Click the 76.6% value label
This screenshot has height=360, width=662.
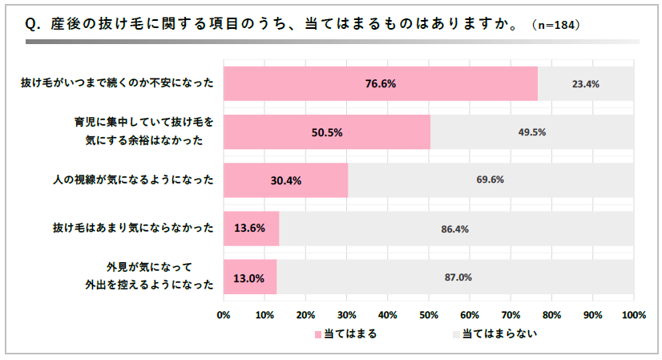(381, 83)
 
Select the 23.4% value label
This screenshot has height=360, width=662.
(586, 83)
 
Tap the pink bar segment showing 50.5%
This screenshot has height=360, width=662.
(327, 132)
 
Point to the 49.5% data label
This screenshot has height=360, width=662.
(531, 132)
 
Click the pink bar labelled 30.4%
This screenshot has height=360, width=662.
(285, 180)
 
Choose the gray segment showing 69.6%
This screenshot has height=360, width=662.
(490, 180)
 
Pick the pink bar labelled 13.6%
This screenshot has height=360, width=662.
(251, 229)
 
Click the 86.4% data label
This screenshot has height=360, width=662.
(454, 229)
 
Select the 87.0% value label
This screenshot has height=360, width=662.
(458, 277)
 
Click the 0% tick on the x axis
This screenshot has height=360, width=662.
(224, 314)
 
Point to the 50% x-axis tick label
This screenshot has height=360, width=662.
(429, 314)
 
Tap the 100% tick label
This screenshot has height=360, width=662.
(633, 314)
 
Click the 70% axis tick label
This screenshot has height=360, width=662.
(511, 314)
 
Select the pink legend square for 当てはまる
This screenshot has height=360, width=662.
(318, 334)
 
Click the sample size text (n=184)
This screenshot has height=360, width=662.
(556, 26)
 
